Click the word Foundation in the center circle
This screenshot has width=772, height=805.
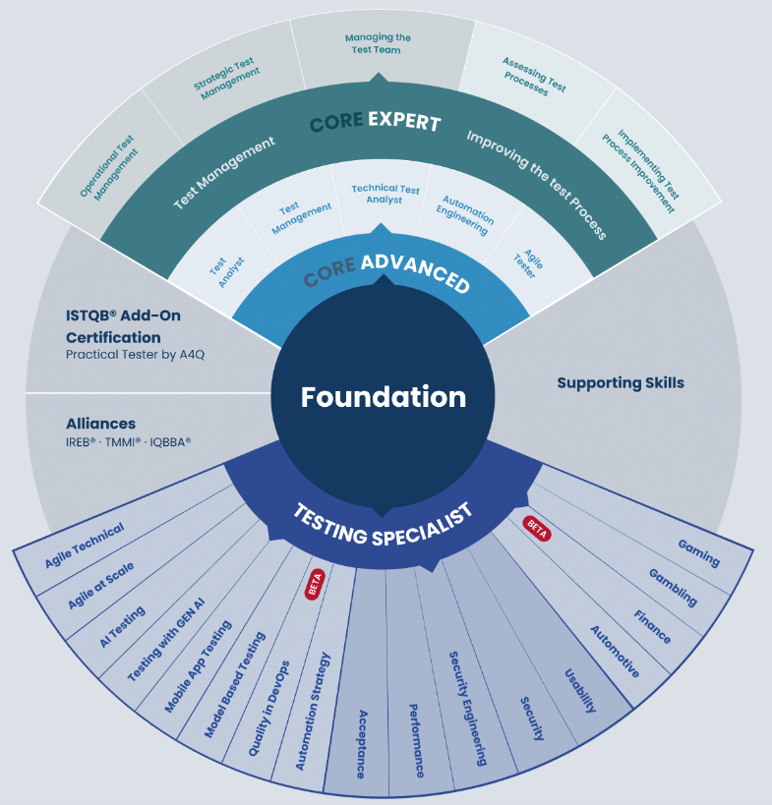click(x=384, y=397)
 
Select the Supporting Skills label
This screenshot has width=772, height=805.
click(x=621, y=383)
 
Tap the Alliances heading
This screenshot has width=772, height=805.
click(x=100, y=424)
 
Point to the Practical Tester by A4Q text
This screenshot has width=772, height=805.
click(x=135, y=354)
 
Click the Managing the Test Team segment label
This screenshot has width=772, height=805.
click(x=378, y=43)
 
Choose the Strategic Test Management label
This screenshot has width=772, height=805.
click(x=226, y=78)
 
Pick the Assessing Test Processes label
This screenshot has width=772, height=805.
click(x=534, y=77)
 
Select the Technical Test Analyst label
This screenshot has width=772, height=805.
click(x=385, y=194)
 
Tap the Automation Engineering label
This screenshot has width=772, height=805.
click(x=464, y=214)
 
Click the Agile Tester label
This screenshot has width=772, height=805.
click(x=528, y=263)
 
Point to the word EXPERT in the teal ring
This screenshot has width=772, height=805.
click(x=405, y=121)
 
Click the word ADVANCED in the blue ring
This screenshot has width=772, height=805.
click(x=416, y=271)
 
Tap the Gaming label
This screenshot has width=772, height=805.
click(x=698, y=553)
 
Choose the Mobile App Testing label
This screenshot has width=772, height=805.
click(x=198, y=666)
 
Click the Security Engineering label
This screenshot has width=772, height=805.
click(x=468, y=709)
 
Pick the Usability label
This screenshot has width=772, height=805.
click(x=580, y=691)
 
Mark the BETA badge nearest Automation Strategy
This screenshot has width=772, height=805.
click(x=315, y=584)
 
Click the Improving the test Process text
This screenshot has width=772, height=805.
click(x=537, y=185)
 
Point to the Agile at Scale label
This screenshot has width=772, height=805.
click(x=100, y=585)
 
